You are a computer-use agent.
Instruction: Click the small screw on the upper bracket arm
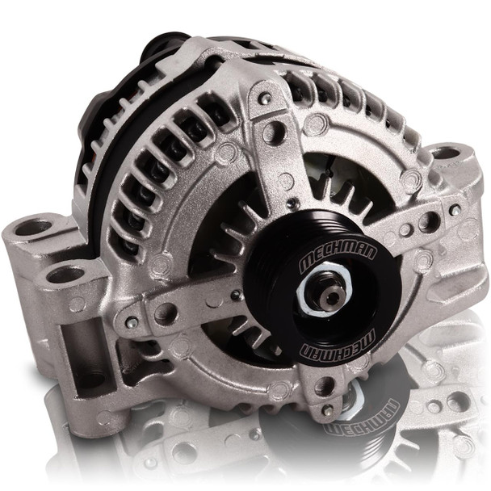pyautogui.click(x=265, y=99)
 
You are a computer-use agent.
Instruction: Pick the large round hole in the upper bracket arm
pyautogui.click(x=275, y=132)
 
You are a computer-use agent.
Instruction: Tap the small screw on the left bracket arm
pyautogui.click(x=132, y=322)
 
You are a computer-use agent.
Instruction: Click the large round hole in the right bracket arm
pyautogui.click(x=429, y=220)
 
